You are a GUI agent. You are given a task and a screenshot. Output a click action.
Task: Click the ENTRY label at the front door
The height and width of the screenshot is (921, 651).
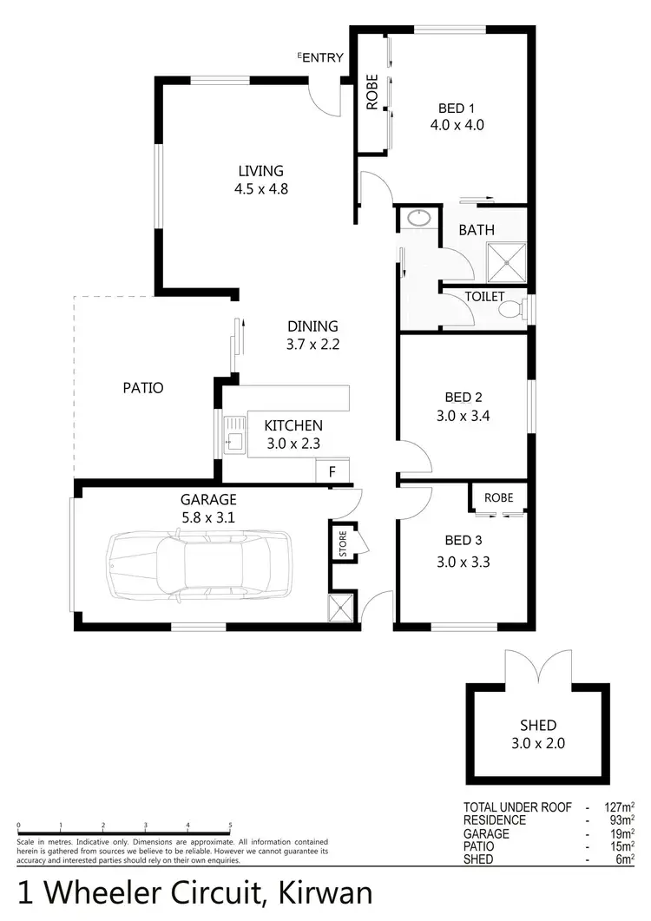(x=322, y=58)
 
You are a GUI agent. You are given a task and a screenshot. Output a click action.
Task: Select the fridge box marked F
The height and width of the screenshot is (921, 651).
(x=332, y=472)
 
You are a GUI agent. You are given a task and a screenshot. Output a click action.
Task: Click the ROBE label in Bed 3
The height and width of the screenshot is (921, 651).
(x=498, y=498)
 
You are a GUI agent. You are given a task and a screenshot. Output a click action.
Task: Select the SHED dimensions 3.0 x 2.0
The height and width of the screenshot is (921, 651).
(x=538, y=743)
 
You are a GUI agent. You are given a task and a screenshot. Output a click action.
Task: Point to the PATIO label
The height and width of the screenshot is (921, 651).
(x=143, y=388)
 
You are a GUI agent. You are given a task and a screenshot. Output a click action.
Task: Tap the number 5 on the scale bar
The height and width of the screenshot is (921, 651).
(x=230, y=826)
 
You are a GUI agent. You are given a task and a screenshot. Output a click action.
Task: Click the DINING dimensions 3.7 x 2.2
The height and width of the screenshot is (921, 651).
(x=312, y=344)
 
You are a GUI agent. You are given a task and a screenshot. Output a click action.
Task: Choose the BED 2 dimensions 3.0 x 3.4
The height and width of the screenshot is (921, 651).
(x=464, y=415)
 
